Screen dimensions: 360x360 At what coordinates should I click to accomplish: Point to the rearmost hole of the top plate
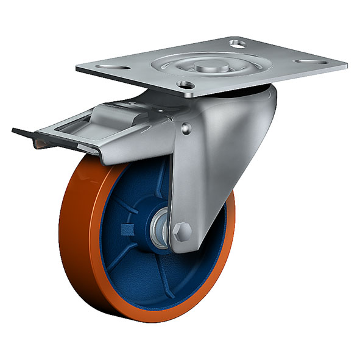point(238,43)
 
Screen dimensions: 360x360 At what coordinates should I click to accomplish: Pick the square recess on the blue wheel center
point(127,230)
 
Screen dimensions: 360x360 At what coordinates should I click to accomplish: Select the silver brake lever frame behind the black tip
point(67,137)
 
